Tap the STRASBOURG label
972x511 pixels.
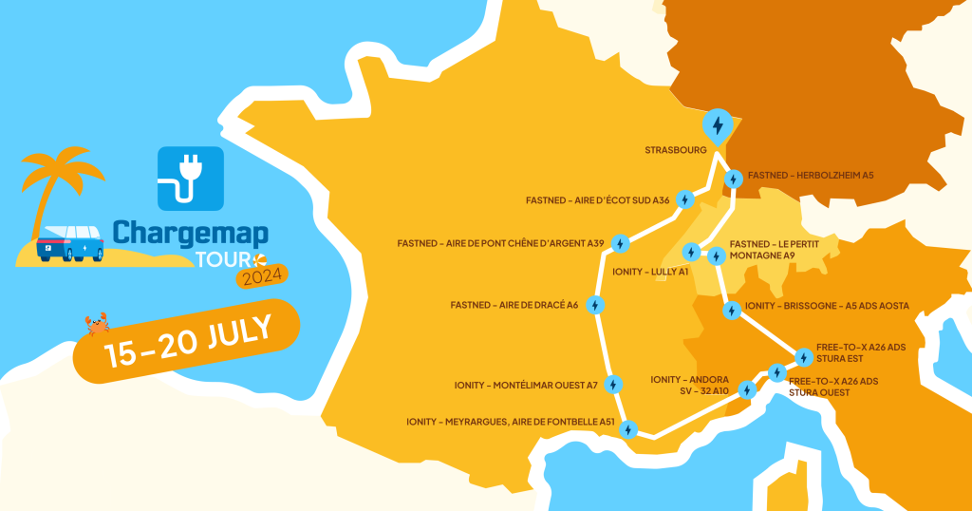pos(676,150)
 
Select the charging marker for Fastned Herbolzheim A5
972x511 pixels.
pos(734,179)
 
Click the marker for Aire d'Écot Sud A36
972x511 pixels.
pos(686,200)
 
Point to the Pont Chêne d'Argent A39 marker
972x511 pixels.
pos(620,244)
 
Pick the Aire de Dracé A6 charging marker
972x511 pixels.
pos(595,306)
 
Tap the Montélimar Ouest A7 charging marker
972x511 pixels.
pos(613,385)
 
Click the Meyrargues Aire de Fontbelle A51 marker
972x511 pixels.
pos(627,430)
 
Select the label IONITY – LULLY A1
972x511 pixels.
pos(650,272)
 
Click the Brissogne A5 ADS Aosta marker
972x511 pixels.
pos(732,310)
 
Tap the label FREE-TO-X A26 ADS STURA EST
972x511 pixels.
pos(860,352)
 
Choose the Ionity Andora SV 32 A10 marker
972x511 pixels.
pos(747,389)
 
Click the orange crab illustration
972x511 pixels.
pos(97,325)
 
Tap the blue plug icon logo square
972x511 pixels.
pos(190,178)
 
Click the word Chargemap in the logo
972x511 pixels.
pos(190,233)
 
